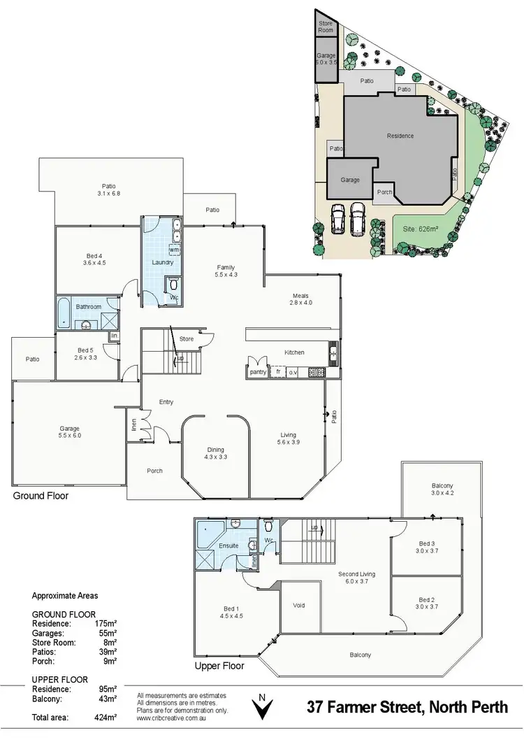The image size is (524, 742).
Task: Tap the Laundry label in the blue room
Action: click(x=162, y=262)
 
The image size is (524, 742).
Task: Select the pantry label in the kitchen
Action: click(x=258, y=373)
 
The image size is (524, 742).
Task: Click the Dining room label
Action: click(x=216, y=452)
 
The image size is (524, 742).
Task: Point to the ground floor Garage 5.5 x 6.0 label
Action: click(x=69, y=431)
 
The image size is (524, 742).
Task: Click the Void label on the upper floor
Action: click(x=299, y=606)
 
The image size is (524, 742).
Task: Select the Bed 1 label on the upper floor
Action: click(x=231, y=613)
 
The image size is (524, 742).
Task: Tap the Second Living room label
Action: click(x=356, y=578)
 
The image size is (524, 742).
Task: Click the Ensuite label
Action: click(x=228, y=545)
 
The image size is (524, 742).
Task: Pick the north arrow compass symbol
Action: click(x=262, y=708)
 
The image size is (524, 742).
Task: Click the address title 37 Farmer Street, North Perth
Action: click(x=407, y=707)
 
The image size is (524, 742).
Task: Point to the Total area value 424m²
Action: click(x=105, y=718)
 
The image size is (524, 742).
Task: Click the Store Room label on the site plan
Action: click(x=327, y=27)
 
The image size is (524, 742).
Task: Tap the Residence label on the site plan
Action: click(x=400, y=136)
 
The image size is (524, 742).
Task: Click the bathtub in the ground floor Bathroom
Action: click(x=63, y=313)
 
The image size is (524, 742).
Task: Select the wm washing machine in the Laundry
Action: click(x=173, y=250)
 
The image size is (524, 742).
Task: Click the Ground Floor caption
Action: click(x=41, y=496)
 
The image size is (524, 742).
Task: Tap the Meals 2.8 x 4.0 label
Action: click(x=300, y=299)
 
